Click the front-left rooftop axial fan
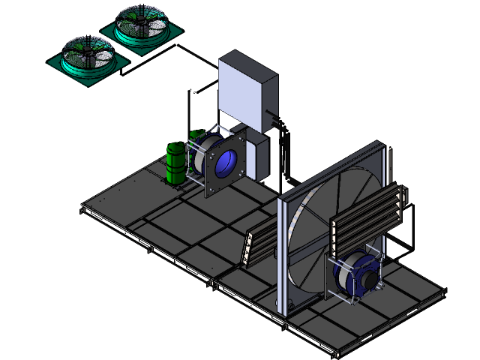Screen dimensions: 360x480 (x=88, y=57)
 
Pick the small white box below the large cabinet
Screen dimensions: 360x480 (x=257, y=155)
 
